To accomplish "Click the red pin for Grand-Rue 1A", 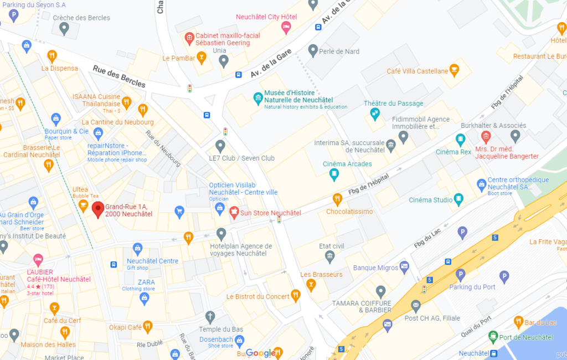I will [x=98, y=209].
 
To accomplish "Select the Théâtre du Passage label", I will [x=393, y=104].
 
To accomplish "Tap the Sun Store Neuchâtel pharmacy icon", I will [x=234, y=212].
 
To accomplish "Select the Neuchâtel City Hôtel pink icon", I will [x=286, y=28].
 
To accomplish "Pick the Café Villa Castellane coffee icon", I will [x=455, y=70].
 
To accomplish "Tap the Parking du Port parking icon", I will [x=460, y=275].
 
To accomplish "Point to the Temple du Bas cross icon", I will [x=209, y=317].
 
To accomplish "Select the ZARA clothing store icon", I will [x=145, y=299].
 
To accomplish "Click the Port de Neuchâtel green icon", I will [x=493, y=337].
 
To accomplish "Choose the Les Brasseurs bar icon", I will [x=311, y=285].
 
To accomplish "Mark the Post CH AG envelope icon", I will [x=416, y=305].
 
